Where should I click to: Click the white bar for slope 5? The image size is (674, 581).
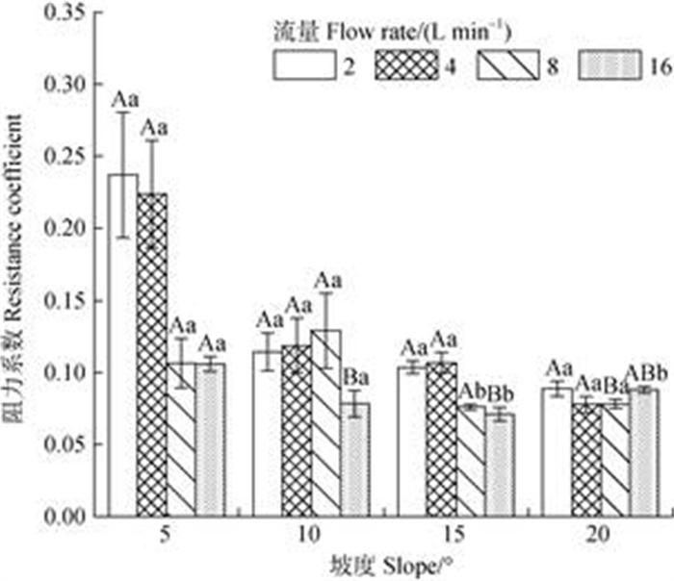(122, 346)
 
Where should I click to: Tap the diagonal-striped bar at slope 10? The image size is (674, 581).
(325, 423)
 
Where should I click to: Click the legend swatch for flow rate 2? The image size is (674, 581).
(292, 66)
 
